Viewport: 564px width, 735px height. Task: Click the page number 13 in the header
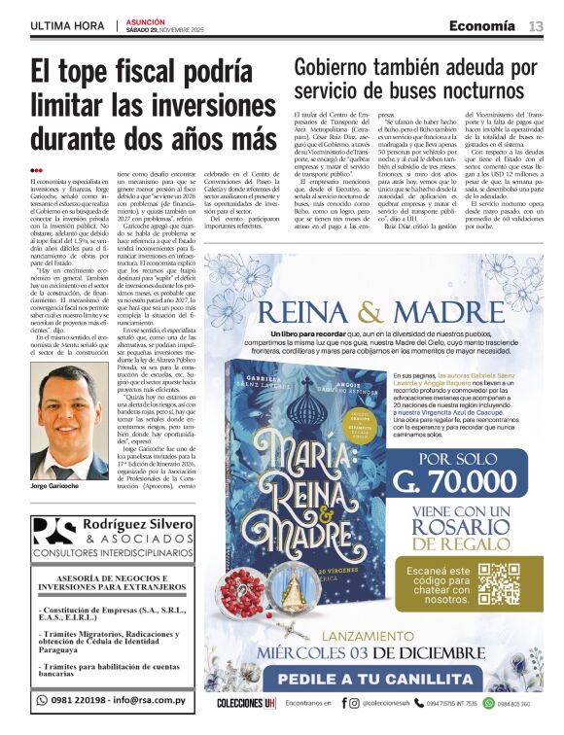[x=536, y=26]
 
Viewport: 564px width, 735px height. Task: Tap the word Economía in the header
[x=481, y=26]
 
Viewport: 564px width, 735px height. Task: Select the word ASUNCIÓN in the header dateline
[x=144, y=19]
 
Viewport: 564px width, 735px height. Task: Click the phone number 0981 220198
[x=75, y=699]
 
